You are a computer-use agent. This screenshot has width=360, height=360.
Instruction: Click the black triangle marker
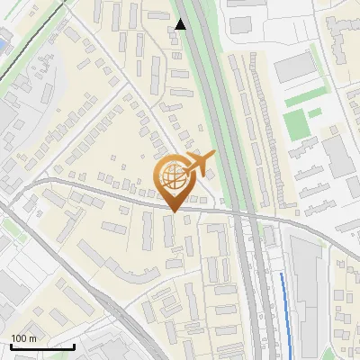click(x=181, y=24)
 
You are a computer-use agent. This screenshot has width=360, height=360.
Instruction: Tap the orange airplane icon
click(x=199, y=163)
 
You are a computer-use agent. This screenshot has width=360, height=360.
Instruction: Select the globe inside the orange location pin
click(x=173, y=177)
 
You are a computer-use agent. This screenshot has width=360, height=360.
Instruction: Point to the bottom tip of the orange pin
click(x=173, y=212)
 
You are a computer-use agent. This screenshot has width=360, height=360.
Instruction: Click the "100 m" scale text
click(x=23, y=338)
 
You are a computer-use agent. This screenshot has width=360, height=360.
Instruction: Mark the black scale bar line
click(x=42, y=346)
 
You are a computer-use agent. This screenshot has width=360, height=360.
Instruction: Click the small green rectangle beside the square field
click(x=315, y=113)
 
